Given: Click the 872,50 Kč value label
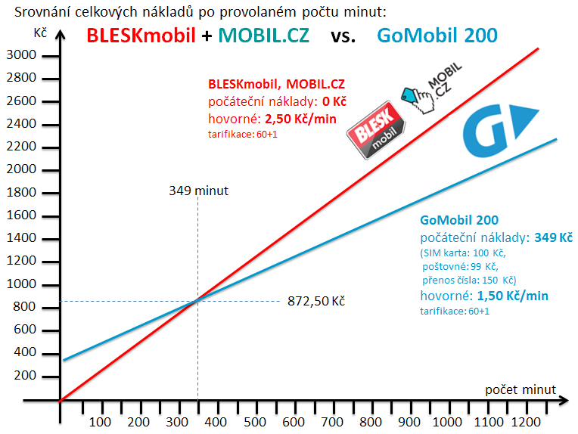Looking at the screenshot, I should (316, 301).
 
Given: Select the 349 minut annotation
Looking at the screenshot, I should (198, 190).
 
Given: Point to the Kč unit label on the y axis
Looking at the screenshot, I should (41, 33).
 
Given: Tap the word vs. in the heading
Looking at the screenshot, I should (343, 35).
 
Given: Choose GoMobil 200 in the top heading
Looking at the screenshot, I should (437, 35).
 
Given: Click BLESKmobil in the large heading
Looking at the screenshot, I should (141, 35).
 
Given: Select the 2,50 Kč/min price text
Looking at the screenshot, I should (295, 119).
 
